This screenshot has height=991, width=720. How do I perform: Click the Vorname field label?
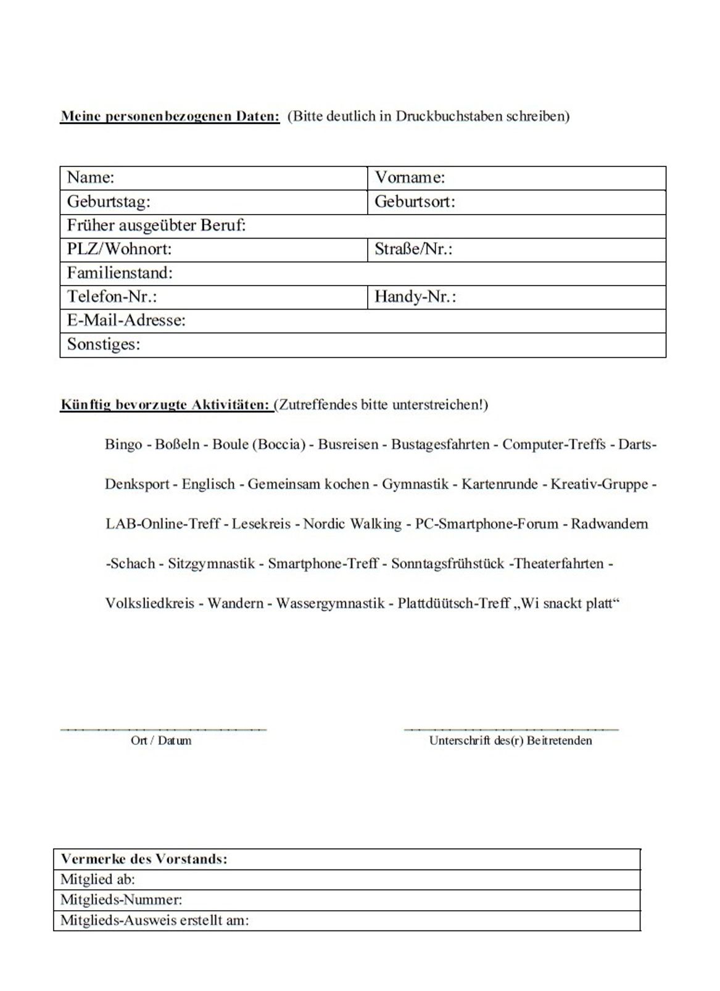[x=410, y=178]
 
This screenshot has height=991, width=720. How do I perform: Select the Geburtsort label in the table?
[x=415, y=202]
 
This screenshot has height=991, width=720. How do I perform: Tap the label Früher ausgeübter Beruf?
[x=156, y=226]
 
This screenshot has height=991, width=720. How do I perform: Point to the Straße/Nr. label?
[x=413, y=249]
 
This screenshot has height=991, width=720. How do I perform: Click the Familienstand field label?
[x=120, y=273]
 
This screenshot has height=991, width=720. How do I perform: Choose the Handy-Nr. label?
[x=415, y=297]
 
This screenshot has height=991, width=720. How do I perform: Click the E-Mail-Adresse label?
[x=126, y=320]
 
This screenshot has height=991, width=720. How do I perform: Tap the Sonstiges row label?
[x=104, y=344]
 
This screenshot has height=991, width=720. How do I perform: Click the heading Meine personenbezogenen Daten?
[x=170, y=117]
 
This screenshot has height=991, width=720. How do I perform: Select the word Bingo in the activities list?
[x=123, y=445]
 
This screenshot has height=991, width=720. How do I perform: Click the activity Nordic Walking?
[x=352, y=524]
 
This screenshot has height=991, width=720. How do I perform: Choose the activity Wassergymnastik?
[x=330, y=603]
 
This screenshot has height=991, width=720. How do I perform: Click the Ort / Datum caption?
[x=161, y=741]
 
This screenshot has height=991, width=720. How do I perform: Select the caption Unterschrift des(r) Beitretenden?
[x=510, y=741]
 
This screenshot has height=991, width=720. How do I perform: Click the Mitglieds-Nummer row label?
[x=121, y=900]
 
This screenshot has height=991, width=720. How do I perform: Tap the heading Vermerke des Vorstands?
[x=144, y=859]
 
